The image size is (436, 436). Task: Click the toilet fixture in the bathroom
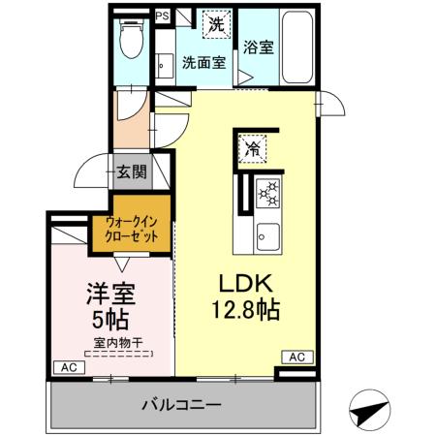131,40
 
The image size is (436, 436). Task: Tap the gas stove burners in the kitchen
266,193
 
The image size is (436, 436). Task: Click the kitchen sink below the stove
266,235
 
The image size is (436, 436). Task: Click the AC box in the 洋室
67,367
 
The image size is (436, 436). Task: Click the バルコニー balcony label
183,404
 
